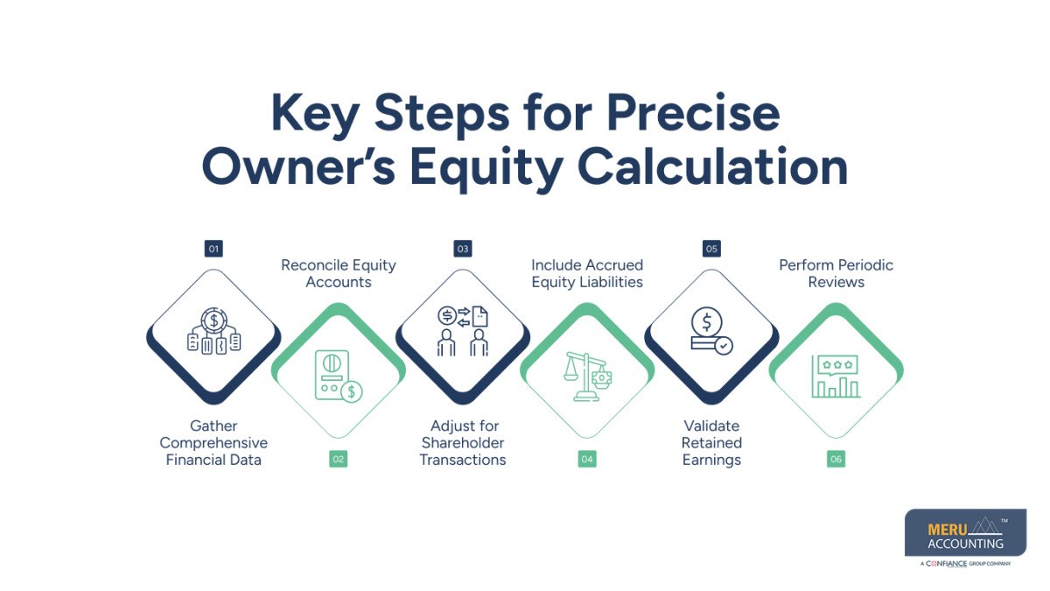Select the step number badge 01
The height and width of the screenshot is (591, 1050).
(x=213, y=249)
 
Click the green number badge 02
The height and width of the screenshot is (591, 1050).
(x=339, y=459)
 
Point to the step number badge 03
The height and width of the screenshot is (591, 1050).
(x=463, y=249)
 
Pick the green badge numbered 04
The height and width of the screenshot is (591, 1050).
(x=587, y=459)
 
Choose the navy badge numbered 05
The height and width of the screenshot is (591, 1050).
(x=711, y=249)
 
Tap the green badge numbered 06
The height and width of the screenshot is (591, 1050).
(x=836, y=459)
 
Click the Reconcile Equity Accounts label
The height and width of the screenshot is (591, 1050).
(x=339, y=273)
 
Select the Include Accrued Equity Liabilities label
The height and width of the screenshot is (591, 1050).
(x=587, y=273)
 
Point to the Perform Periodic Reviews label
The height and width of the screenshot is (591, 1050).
(x=836, y=273)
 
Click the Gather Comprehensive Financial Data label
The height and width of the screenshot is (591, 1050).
(x=213, y=443)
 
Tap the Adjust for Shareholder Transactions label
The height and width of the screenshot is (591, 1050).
(x=463, y=443)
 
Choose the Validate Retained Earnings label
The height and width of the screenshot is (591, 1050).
(x=711, y=443)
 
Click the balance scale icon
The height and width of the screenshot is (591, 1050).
(x=587, y=376)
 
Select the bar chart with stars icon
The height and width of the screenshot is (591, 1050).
(x=836, y=376)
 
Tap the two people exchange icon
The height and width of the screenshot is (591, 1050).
(x=463, y=331)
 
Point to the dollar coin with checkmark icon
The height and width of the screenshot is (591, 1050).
(x=711, y=331)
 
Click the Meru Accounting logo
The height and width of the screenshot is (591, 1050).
(x=966, y=537)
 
